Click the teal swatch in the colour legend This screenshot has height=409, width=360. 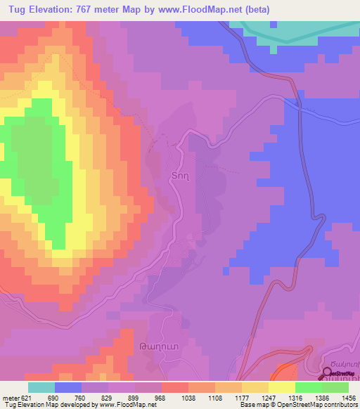(x=41, y=388)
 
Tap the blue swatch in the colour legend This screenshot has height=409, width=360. (x=68, y=388)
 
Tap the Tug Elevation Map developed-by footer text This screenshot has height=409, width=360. (x=79, y=405)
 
